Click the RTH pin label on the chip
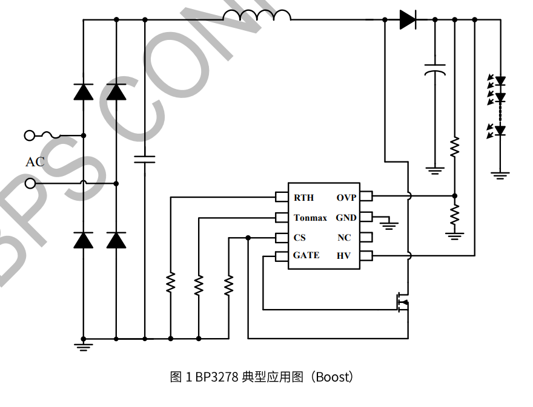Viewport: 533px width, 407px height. [303, 198]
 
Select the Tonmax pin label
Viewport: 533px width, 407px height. [310, 218]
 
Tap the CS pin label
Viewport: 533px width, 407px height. [300, 238]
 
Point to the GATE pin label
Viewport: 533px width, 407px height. [306, 255]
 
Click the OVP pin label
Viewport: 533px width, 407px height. [346, 198]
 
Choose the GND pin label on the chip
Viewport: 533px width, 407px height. [346, 218]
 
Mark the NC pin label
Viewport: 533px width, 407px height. [344, 238]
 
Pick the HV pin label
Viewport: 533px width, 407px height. [343, 256]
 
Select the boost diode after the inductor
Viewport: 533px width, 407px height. [408, 20]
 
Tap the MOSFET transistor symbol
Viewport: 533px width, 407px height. [402, 301]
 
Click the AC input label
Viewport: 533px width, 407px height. [35, 162]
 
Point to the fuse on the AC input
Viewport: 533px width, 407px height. [50, 135]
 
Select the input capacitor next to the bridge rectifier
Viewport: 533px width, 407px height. [144, 160]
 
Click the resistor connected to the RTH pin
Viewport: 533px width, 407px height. [171, 282]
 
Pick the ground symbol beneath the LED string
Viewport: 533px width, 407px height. [500, 175]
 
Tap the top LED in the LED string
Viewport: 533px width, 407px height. [500, 80]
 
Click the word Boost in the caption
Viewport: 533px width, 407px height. [332, 377]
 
